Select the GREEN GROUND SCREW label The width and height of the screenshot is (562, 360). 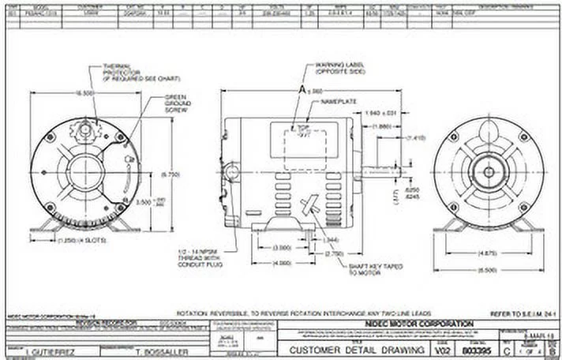pos(175,103)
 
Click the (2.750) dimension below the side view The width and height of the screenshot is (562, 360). pos(334,255)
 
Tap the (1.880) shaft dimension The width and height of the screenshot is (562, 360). pos(381,126)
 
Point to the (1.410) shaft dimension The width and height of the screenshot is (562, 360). pos(415,137)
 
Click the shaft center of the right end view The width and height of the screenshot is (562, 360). pos(489,171)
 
